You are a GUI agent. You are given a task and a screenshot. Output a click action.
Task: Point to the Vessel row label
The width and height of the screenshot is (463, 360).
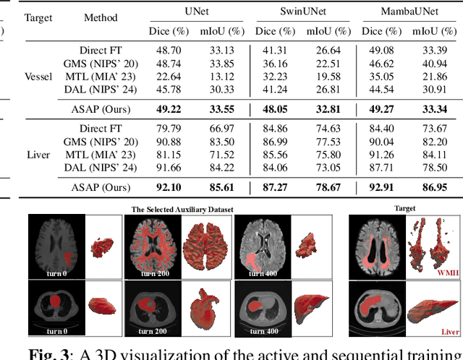click(x=38, y=77)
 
